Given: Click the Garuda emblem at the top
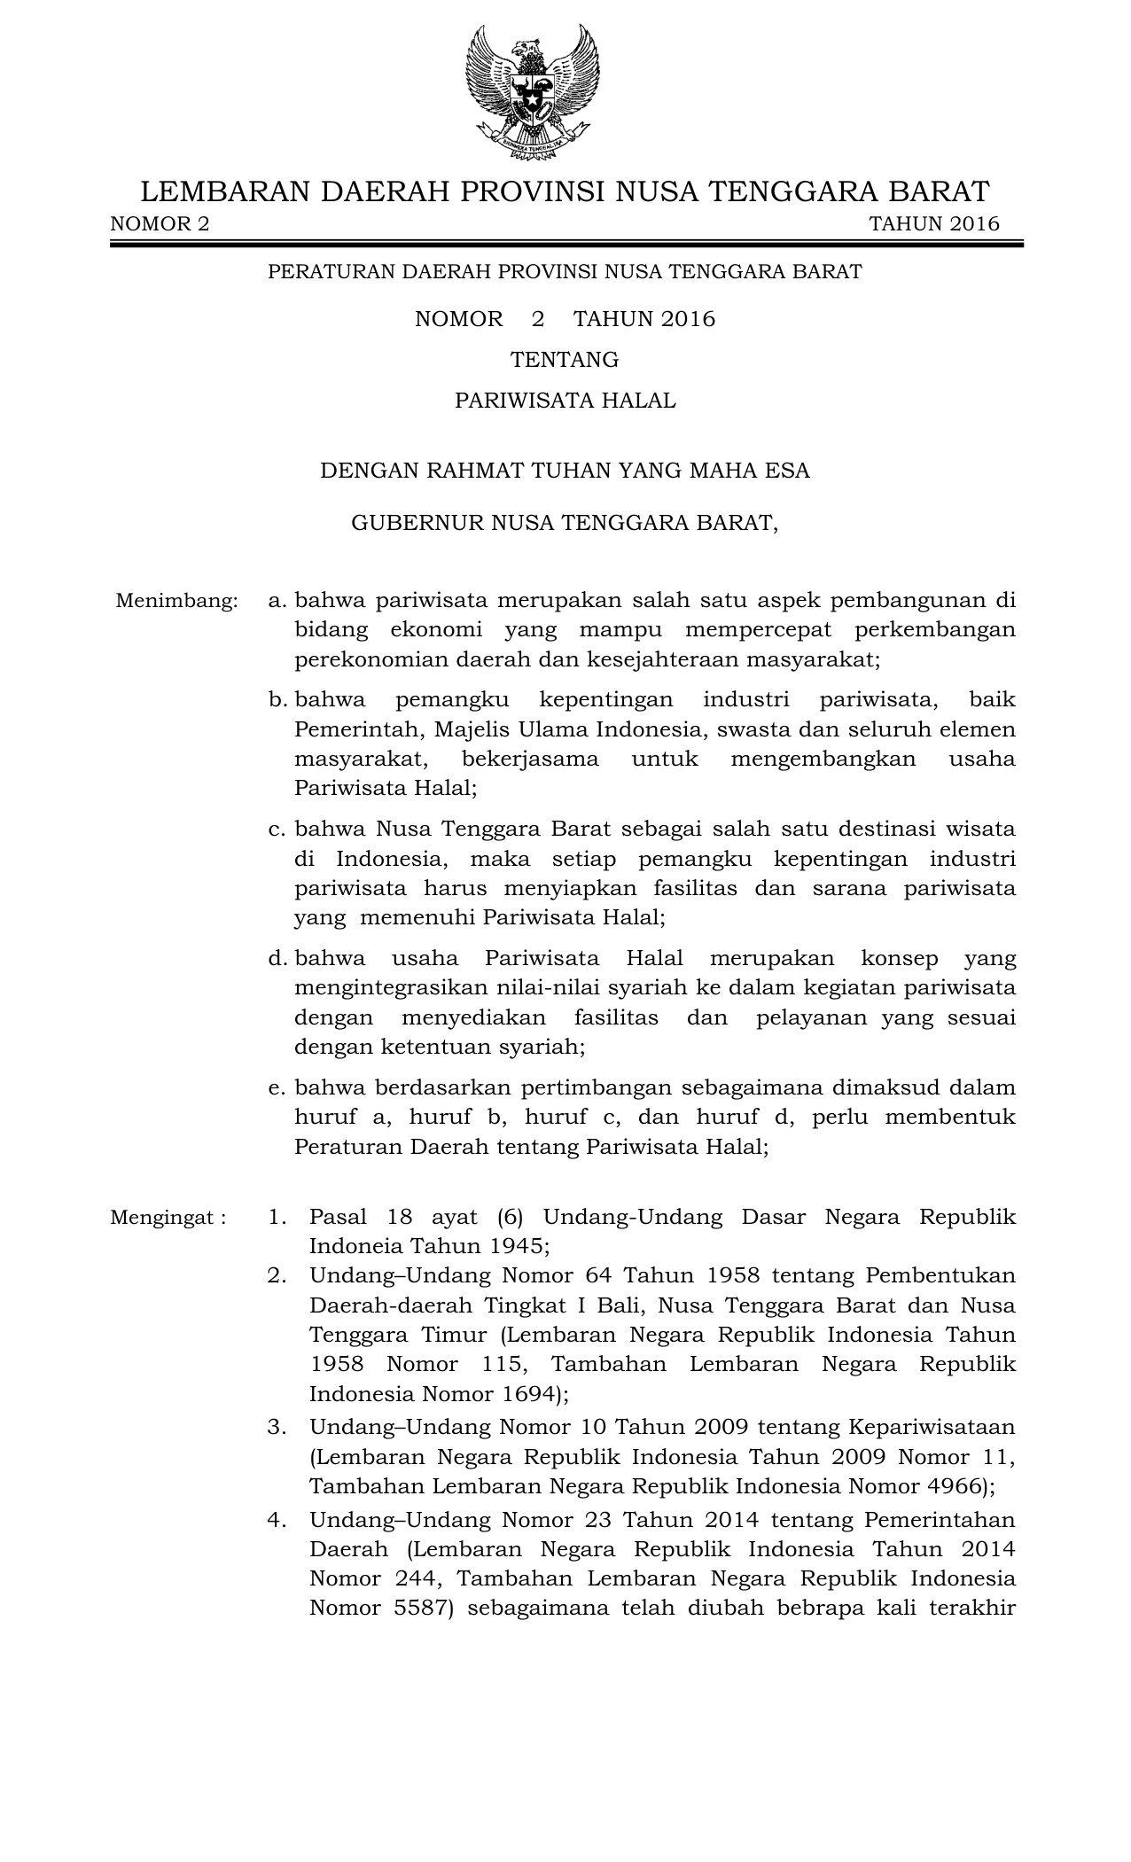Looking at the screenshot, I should (x=533, y=92).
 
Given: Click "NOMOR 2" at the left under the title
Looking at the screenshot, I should (x=160, y=223).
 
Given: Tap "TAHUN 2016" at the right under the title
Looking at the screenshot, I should (x=933, y=223).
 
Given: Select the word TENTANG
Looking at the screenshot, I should (x=565, y=360).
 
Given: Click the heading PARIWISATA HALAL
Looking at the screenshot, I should (x=565, y=401).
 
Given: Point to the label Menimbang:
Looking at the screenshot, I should (x=176, y=601).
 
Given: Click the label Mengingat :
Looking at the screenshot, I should (x=168, y=1217).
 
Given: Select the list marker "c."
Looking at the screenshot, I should (x=277, y=830).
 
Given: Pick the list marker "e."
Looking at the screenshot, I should (x=277, y=1087).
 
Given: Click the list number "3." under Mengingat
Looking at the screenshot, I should (x=277, y=1427).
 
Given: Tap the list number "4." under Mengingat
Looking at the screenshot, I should (x=277, y=1520).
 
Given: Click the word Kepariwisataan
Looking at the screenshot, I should (x=932, y=1427).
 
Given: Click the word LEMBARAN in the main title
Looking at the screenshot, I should (x=225, y=191).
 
